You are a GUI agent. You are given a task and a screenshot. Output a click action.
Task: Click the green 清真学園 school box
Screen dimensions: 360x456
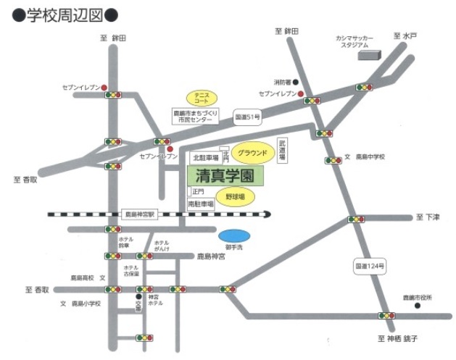225,175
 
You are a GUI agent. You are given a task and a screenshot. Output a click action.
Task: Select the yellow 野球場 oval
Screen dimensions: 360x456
235,197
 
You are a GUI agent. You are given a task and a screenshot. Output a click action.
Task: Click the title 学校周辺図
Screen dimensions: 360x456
65,14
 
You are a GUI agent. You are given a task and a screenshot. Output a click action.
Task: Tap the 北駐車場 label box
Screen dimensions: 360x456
204,157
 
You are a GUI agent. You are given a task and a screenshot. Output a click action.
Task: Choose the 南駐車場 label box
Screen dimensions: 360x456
201,204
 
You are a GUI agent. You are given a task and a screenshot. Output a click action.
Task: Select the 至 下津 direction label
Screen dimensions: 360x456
428,217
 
